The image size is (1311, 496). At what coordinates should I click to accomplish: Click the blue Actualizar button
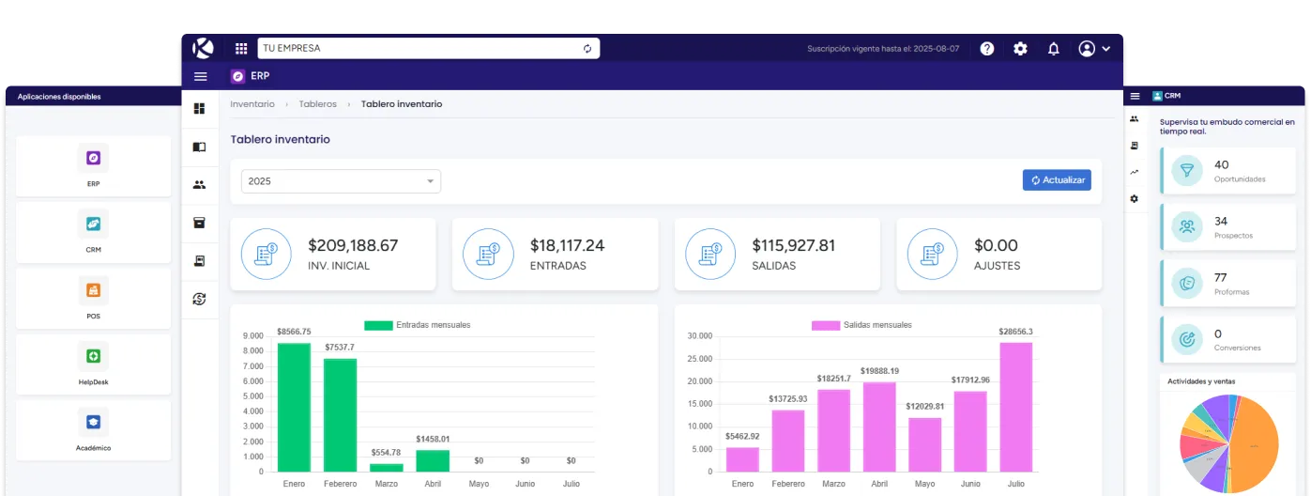[1057, 180]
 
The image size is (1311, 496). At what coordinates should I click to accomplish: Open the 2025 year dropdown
[341, 181]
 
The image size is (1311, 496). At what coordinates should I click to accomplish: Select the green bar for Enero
[294, 407]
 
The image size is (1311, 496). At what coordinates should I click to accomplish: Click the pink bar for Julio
[1015, 407]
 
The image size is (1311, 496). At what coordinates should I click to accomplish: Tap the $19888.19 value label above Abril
[877, 371]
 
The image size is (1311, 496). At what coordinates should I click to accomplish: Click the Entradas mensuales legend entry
[418, 325]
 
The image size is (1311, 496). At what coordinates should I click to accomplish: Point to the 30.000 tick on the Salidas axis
[701, 336]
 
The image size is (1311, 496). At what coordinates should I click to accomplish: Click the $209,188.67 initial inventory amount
[353, 245]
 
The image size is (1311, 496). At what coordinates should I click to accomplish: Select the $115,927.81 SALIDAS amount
[793, 245]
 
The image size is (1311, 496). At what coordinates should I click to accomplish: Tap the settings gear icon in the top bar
[1020, 49]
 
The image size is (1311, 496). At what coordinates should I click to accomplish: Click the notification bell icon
[1054, 49]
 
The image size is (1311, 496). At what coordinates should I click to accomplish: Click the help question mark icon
[987, 49]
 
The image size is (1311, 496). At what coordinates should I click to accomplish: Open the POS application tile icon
[93, 290]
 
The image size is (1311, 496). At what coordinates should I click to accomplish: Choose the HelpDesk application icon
[93, 356]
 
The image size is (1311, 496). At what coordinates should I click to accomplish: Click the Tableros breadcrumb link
[317, 104]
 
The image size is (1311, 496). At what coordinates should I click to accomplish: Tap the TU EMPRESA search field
[418, 48]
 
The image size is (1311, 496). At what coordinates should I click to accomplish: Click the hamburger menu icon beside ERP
[200, 76]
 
